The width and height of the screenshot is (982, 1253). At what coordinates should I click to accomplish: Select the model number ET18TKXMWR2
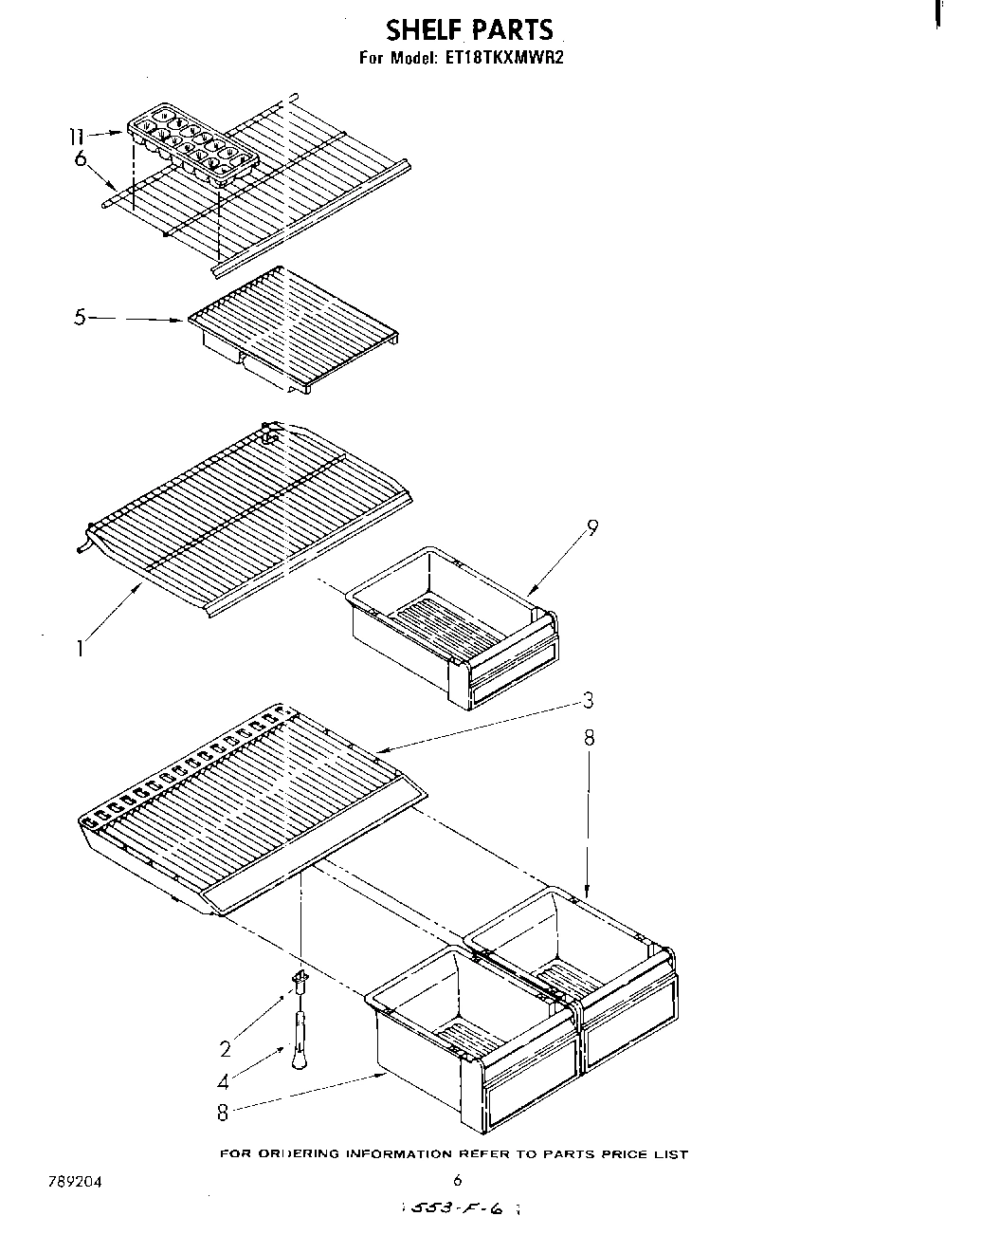click(x=501, y=58)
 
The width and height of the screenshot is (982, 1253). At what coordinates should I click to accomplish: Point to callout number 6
click(x=82, y=160)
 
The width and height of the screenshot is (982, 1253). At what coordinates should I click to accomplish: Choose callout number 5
click(x=81, y=318)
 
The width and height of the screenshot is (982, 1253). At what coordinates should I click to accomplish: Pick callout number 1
click(x=82, y=650)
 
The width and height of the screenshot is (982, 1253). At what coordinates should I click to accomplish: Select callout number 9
click(x=592, y=528)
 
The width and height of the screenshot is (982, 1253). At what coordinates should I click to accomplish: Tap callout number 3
click(x=589, y=701)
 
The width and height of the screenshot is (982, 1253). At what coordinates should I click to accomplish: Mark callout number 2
click(x=225, y=1048)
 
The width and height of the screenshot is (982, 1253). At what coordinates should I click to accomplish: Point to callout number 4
click(x=223, y=1080)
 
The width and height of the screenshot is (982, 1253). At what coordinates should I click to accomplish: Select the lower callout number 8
click(x=223, y=1113)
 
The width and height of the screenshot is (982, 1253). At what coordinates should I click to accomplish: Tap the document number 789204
click(x=74, y=1182)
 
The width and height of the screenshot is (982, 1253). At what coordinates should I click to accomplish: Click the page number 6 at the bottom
click(x=457, y=1181)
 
